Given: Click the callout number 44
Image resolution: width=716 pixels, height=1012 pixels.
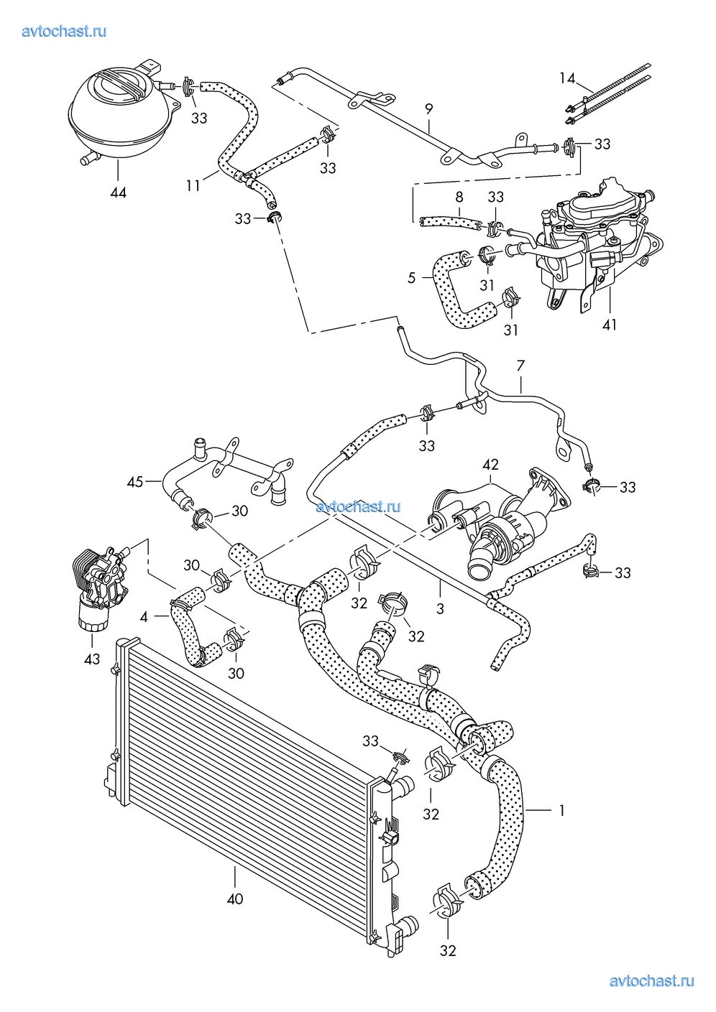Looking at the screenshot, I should (x=118, y=192).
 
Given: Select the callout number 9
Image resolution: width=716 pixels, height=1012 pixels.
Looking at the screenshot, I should (x=428, y=109).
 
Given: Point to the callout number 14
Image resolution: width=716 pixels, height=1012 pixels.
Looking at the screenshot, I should (x=567, y=78).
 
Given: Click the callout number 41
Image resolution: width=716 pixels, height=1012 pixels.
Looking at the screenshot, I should (x=610, y=325).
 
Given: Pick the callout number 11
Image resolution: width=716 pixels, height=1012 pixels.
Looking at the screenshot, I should (x=193, y=185).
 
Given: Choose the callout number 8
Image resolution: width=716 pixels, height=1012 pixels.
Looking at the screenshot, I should (x=459, y=197).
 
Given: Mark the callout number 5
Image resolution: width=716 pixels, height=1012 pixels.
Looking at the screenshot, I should (x=412, y=277).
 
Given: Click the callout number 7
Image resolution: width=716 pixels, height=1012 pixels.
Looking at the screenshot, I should (x=520, y=366).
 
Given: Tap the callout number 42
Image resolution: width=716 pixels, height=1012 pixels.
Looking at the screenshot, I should (x=490, y=465).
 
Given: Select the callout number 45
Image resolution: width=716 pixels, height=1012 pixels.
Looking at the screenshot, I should (x=135, y=482).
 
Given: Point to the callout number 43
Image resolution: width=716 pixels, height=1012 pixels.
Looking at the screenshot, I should (x=92, y=658).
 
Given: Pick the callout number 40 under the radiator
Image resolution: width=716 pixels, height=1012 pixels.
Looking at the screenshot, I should (x=235, y=898).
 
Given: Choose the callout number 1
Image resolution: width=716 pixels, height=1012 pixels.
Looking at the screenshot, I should (x=561, y=810).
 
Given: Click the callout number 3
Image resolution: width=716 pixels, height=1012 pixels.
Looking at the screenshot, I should (x=440, y=609).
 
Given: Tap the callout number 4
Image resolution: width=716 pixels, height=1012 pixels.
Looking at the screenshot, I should (x=144, y=616).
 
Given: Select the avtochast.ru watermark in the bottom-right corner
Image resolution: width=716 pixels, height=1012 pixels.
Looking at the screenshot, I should (x=651, y=981).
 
